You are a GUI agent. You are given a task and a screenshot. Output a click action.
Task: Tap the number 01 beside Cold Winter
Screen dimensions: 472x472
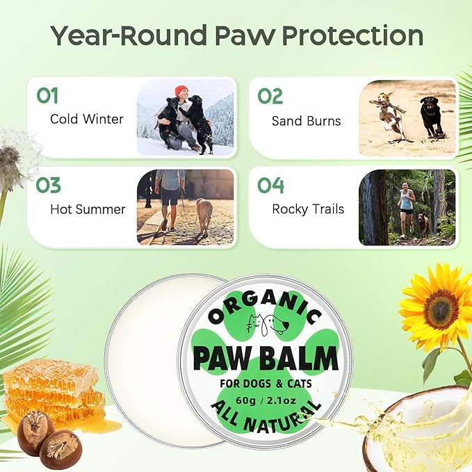click(x=47, y=96)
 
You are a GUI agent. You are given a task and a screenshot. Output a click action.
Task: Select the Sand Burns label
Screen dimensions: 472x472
click(x=306, y=121)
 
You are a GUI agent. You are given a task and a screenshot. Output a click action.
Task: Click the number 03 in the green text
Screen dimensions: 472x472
click(x=48, y=186)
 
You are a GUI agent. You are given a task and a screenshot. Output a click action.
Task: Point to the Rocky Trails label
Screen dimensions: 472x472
click(x=308, y=209)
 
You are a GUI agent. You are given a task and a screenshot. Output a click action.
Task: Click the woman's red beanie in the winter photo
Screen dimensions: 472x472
click(x=181, y=90)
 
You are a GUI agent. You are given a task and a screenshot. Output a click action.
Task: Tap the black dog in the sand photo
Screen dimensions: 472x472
click(x=432, y=115)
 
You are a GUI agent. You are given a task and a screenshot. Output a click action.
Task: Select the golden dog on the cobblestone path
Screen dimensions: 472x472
click(x=204, y=214)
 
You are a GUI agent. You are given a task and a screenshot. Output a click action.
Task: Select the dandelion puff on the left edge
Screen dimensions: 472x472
click(x=17, y=156)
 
